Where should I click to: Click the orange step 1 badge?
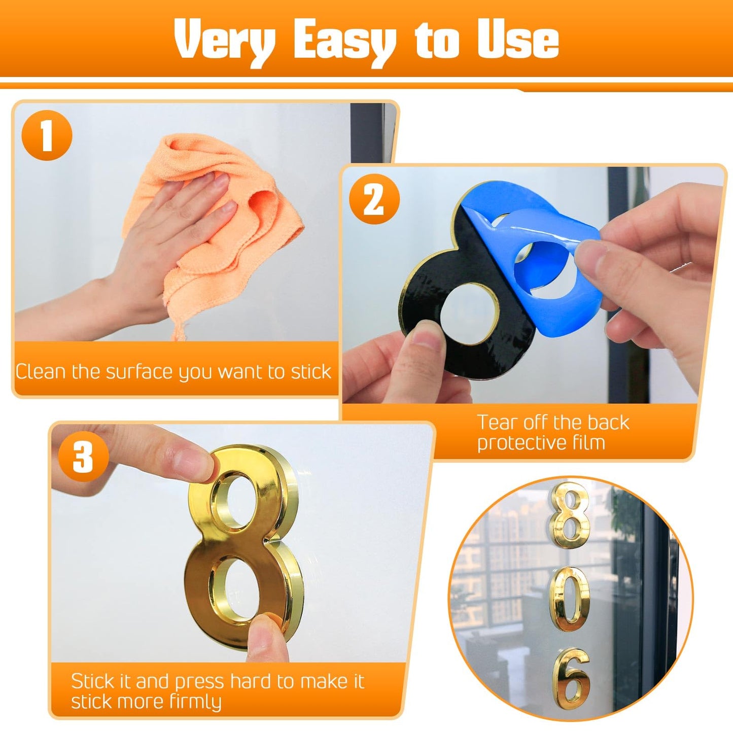tap(47, 135)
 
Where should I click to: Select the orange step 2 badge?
tap(374, 199)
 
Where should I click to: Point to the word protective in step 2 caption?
tap(521, 443)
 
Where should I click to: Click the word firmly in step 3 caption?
tap(195, 702)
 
